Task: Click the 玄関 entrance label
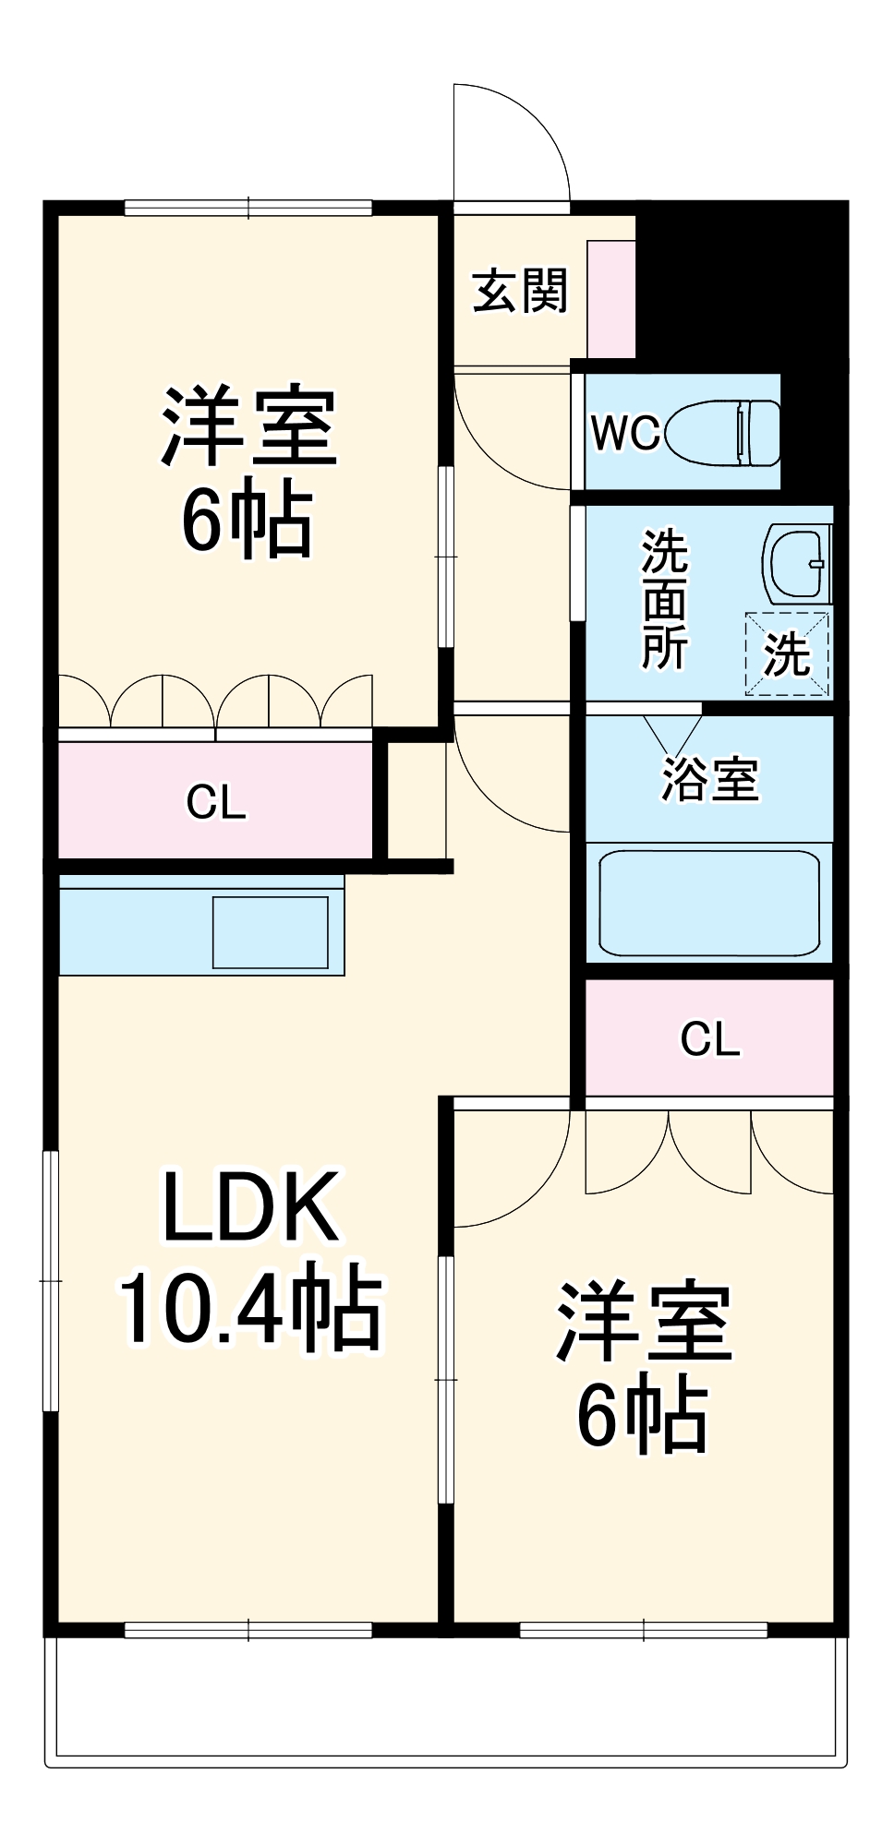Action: pyautogui.click(x=519, y=292)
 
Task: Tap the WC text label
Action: pyautogui.click(x=624, y=432)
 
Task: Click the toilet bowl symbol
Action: pyautogui.click(x=722, y=432)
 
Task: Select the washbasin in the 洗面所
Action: pyautogui.click(x=796, y=564)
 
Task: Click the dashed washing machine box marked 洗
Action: pyautogui.click(x=787, y=653)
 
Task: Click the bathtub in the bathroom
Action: pyautogui.click(x=708, y=903)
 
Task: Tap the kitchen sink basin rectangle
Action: pyautogui.click(x=270, y=931)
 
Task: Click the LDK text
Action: pyautogui.click(x=249, y=1207)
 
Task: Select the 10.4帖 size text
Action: pyautogui.click(x=249, y=1309)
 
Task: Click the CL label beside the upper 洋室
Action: pyautogui.click(x=215, y=802)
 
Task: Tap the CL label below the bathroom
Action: pyautogui.click(x=709, y=1038)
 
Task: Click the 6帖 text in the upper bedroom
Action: pyautogui.click(x=248, y=520)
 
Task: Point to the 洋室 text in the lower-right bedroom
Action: pyautogui.click(x=644, y=1322)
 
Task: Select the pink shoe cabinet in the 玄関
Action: pyautogui.click(x=611, y=299)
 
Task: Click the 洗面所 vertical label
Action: pyautogui.click(x=664, y=598)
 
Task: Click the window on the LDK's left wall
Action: pyautogui.click(x=51, y=1281)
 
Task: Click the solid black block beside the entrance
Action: pyautogui.click(x=739, y=286)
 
